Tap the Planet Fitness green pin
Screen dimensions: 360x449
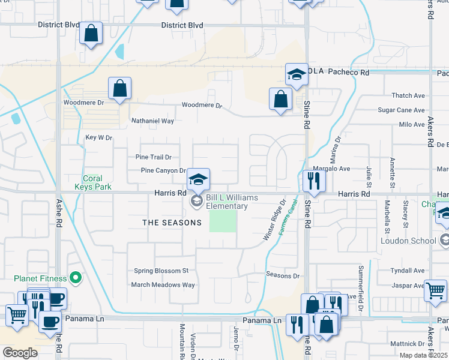tap(76, 278)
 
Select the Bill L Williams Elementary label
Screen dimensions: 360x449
tap(231, 202)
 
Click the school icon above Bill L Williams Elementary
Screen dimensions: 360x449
tap(197, 179)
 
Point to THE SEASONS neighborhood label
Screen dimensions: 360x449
tap(172, 223)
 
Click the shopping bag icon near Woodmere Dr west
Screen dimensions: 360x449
tap(120, 88)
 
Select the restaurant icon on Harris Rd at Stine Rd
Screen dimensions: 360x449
tap(314, 180)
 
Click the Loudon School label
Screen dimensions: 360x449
tap(408, 241)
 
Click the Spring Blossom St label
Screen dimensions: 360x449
tap(161, 271)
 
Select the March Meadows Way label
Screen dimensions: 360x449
tap(163, 285)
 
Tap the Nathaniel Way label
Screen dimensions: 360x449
tap(152, 121)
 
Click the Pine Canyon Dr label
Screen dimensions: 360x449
tap(163, 170)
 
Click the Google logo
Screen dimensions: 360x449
tap(20, 353)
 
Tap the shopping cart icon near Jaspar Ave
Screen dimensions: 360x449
tap(435, 291)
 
